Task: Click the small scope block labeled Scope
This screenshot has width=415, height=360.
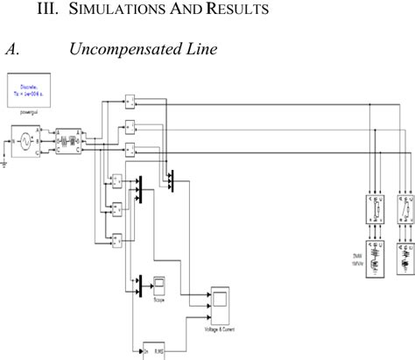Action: (159, 307)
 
